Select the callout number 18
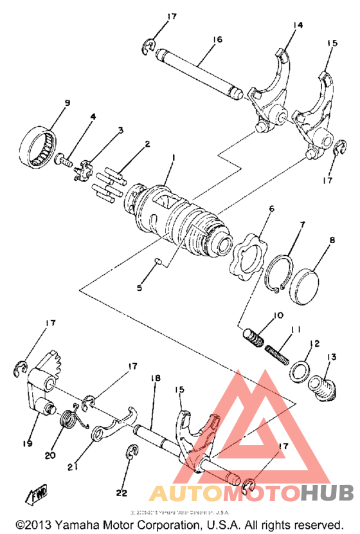[154, 379]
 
